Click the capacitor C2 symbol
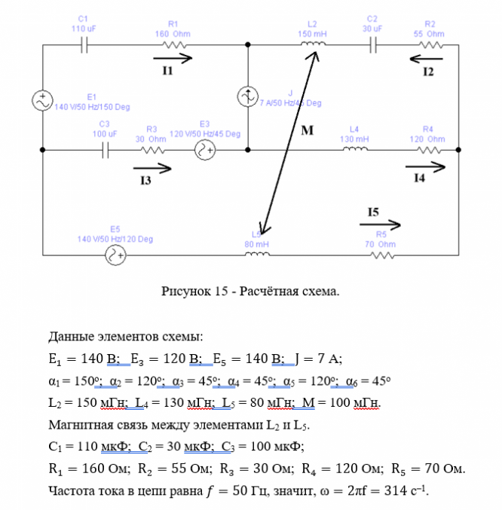372,44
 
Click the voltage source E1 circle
43,99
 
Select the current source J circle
248,96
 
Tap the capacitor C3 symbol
106,150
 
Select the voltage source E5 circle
115,256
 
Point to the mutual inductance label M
307,130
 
